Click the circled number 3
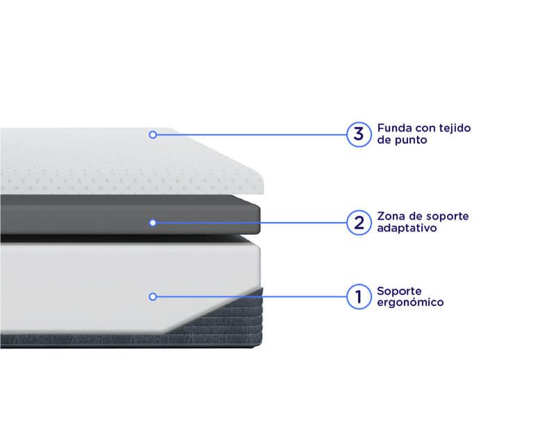(359, 134)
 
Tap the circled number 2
(359, 222)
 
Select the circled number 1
(359, 297)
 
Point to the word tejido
(455, 129)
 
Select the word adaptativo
(407, 228)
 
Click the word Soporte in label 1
(399, 291)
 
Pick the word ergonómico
(410, 302)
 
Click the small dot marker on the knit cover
(153, 135)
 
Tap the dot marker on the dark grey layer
(153, 222)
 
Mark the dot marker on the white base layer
(153, 297)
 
